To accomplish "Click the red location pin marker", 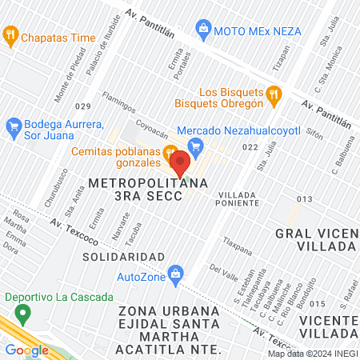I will (x=181, y=163).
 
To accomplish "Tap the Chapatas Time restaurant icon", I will (x=10, y=35).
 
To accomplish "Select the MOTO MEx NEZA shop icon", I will (x=204, y=29).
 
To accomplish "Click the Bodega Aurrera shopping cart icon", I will (x=13, y=126).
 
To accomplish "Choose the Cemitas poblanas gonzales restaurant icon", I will (x=170, y=152).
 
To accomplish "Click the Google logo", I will (x=26, y=350).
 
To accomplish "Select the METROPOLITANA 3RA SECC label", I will (x=149, y=190).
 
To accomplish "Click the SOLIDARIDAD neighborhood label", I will (x=123, y=256).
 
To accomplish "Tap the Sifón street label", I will (x=314, y=135).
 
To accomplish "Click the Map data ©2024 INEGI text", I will (x=312, y=354).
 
